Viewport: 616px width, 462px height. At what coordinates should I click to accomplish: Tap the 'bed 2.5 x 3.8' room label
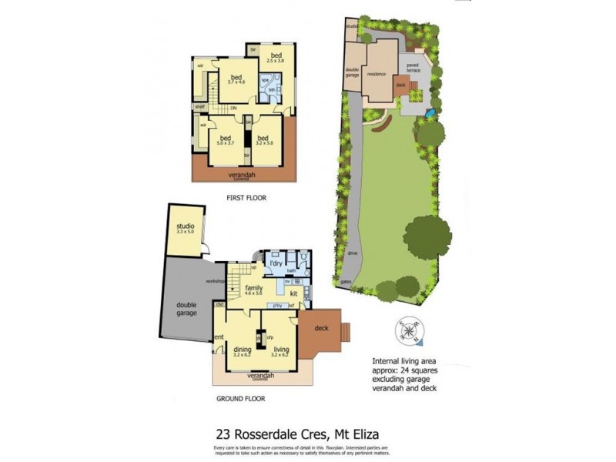[276, 57]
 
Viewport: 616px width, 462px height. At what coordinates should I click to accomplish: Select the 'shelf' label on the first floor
[199, 107]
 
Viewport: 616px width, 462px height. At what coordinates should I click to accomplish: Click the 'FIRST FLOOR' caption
[246, 198]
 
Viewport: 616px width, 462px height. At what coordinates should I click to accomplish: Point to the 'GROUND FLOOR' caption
[240, 399]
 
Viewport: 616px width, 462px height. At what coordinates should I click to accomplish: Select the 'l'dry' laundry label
[276, 263]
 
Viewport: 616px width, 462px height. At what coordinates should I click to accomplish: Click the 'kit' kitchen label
[293, 293]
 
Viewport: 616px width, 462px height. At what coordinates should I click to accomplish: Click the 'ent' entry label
[219, 336]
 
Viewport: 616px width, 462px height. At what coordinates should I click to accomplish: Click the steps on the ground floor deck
[346, 331]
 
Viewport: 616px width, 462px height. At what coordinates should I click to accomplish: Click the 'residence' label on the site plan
[376, 74]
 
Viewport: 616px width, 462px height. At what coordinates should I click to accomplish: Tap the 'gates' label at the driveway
[346, 281]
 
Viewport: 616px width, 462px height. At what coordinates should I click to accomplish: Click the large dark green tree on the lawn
[427, 236]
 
